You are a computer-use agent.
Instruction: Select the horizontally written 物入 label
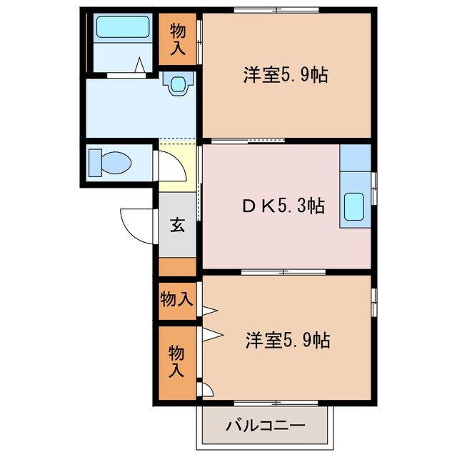(176, 299)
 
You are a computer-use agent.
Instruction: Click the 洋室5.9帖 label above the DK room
(285, 75)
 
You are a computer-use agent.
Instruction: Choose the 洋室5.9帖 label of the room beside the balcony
(287, 340)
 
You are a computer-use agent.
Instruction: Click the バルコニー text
(266, 426)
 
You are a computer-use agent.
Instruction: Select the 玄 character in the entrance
(177, 226)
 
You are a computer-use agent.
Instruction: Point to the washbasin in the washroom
(176, 84)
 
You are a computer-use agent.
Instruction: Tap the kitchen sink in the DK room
(355, 208)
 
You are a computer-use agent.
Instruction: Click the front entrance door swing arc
(137, 226)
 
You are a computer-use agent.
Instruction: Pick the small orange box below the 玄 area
(177, 268)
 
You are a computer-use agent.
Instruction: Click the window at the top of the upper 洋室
(276, 10)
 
